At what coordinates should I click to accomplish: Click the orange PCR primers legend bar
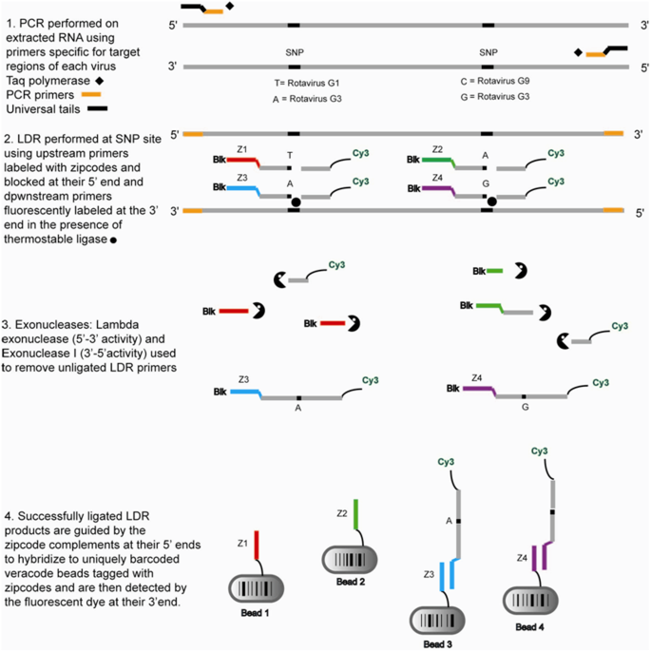(x=92, y=95)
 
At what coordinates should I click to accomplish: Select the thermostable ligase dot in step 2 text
(x=114, y=241)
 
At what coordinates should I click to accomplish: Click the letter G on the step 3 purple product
(x=524, y=406)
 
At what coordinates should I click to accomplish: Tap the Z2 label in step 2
(x=436, y=150)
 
